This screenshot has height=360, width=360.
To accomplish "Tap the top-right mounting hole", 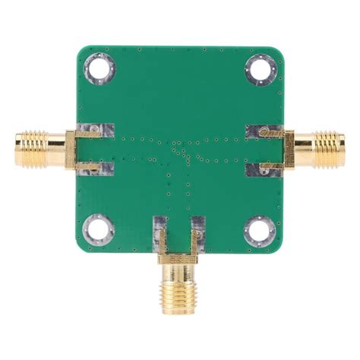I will point(259,70).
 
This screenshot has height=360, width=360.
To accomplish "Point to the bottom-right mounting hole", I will point(259,230).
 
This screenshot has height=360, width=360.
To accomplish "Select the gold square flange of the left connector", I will point(71,149).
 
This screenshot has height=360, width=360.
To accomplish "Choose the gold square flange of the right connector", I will point(289,149).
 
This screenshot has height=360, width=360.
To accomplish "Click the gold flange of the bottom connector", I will point(178,258).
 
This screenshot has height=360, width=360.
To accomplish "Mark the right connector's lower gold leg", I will point(272,165).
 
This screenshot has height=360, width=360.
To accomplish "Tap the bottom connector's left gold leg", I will point(163,239).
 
